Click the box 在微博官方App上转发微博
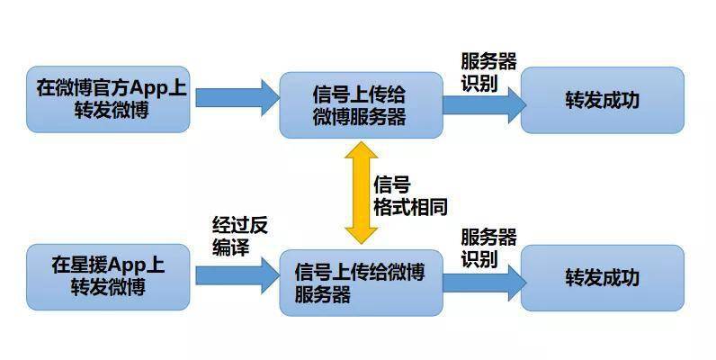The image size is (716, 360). coord(108,100)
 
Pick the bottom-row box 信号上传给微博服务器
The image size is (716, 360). coord(360,282)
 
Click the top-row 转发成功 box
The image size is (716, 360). coord(602,100)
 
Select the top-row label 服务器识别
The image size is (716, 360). coord(488,72)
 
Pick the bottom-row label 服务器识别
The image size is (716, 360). coord(488,247)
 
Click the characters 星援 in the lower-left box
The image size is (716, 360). coord(86,265)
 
